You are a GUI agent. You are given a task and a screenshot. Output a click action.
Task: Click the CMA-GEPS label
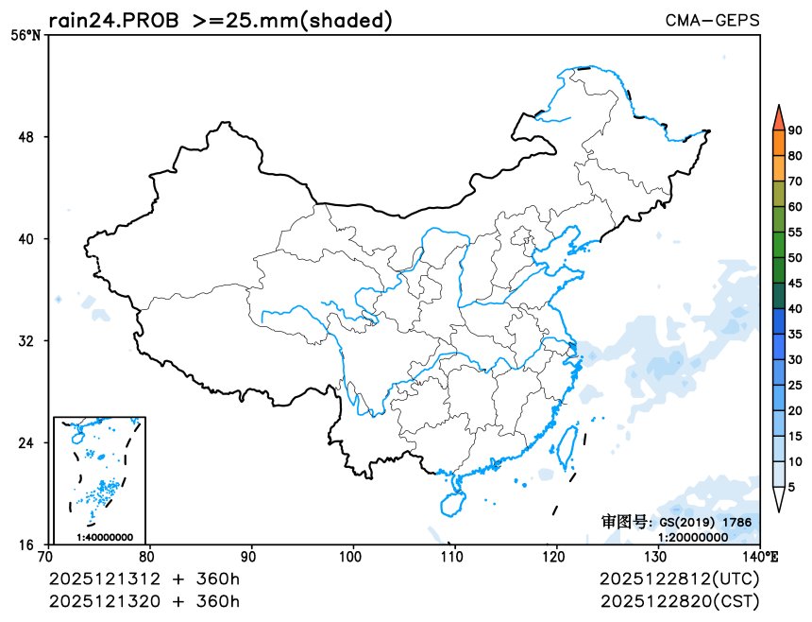tap(712, 20)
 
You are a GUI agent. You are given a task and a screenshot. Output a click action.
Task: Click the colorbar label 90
tap(795, 130)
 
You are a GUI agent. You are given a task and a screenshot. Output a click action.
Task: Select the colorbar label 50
tap(795, 258)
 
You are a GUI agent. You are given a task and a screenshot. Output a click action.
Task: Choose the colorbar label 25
tap(795, 385)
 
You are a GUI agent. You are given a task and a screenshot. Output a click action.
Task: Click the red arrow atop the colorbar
tap(778, 116)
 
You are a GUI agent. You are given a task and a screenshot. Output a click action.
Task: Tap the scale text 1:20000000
tap(693, 536)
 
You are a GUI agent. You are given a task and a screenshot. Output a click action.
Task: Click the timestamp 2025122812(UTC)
tap(679, 579)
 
